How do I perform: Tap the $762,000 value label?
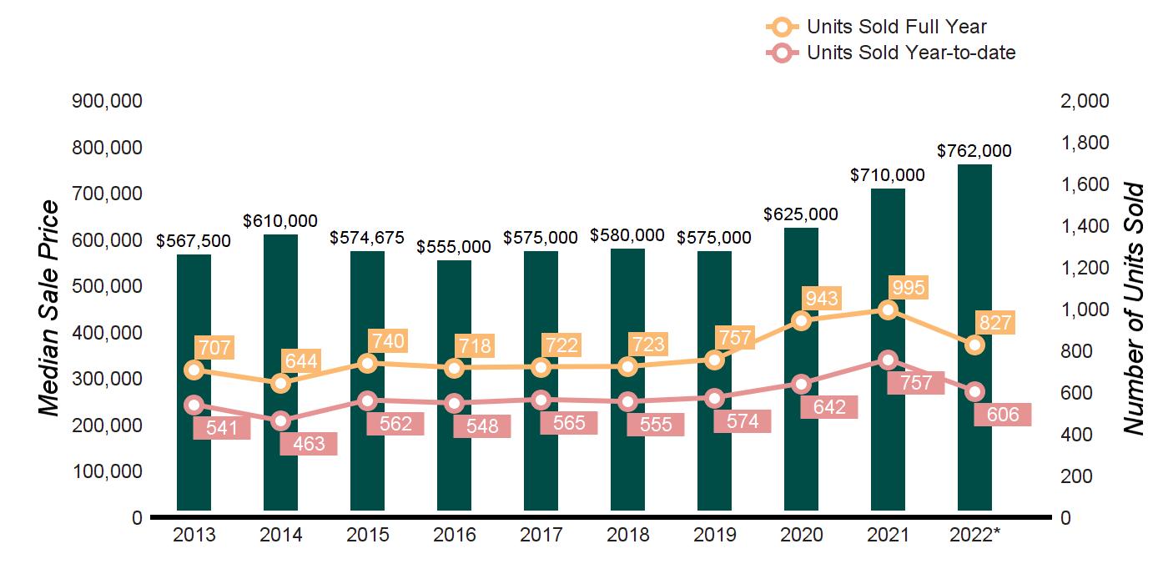(974, 151)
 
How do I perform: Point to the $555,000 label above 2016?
(454, 247)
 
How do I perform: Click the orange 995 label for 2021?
(909, 288)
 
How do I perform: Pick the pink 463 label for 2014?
(309, 443)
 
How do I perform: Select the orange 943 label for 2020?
(822, 298)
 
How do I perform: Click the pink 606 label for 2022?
(1003, 414)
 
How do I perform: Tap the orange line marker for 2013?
(194, 370)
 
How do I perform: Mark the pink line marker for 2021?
(889, 360)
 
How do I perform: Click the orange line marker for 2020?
(802, 321)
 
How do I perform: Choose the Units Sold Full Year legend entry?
(876, 28)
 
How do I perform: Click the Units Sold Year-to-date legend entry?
(890, 53)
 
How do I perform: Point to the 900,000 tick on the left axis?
(108, 101)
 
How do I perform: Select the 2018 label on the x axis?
(628, 535)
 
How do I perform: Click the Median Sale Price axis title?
(50, 309)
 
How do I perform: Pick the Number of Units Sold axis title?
(1133, 309)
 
